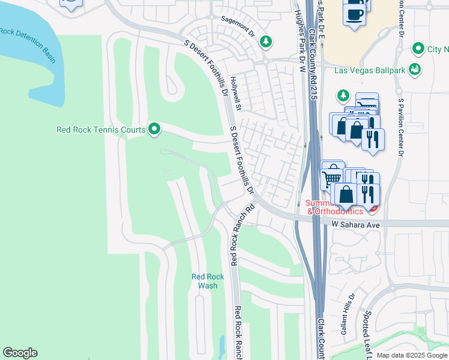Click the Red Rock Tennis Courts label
click(100, 130)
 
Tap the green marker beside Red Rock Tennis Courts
click(154, 128)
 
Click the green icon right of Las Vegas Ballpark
click(414, 71)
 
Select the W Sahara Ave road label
click(357, 224)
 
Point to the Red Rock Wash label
click(208, 281)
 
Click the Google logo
click(20, 353)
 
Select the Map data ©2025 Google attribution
click(412, 355)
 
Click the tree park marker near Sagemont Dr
click(265, 41)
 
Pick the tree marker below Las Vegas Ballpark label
click(343, 95)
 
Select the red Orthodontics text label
click(335, 211)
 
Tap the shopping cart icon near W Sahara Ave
click(331, 176)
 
